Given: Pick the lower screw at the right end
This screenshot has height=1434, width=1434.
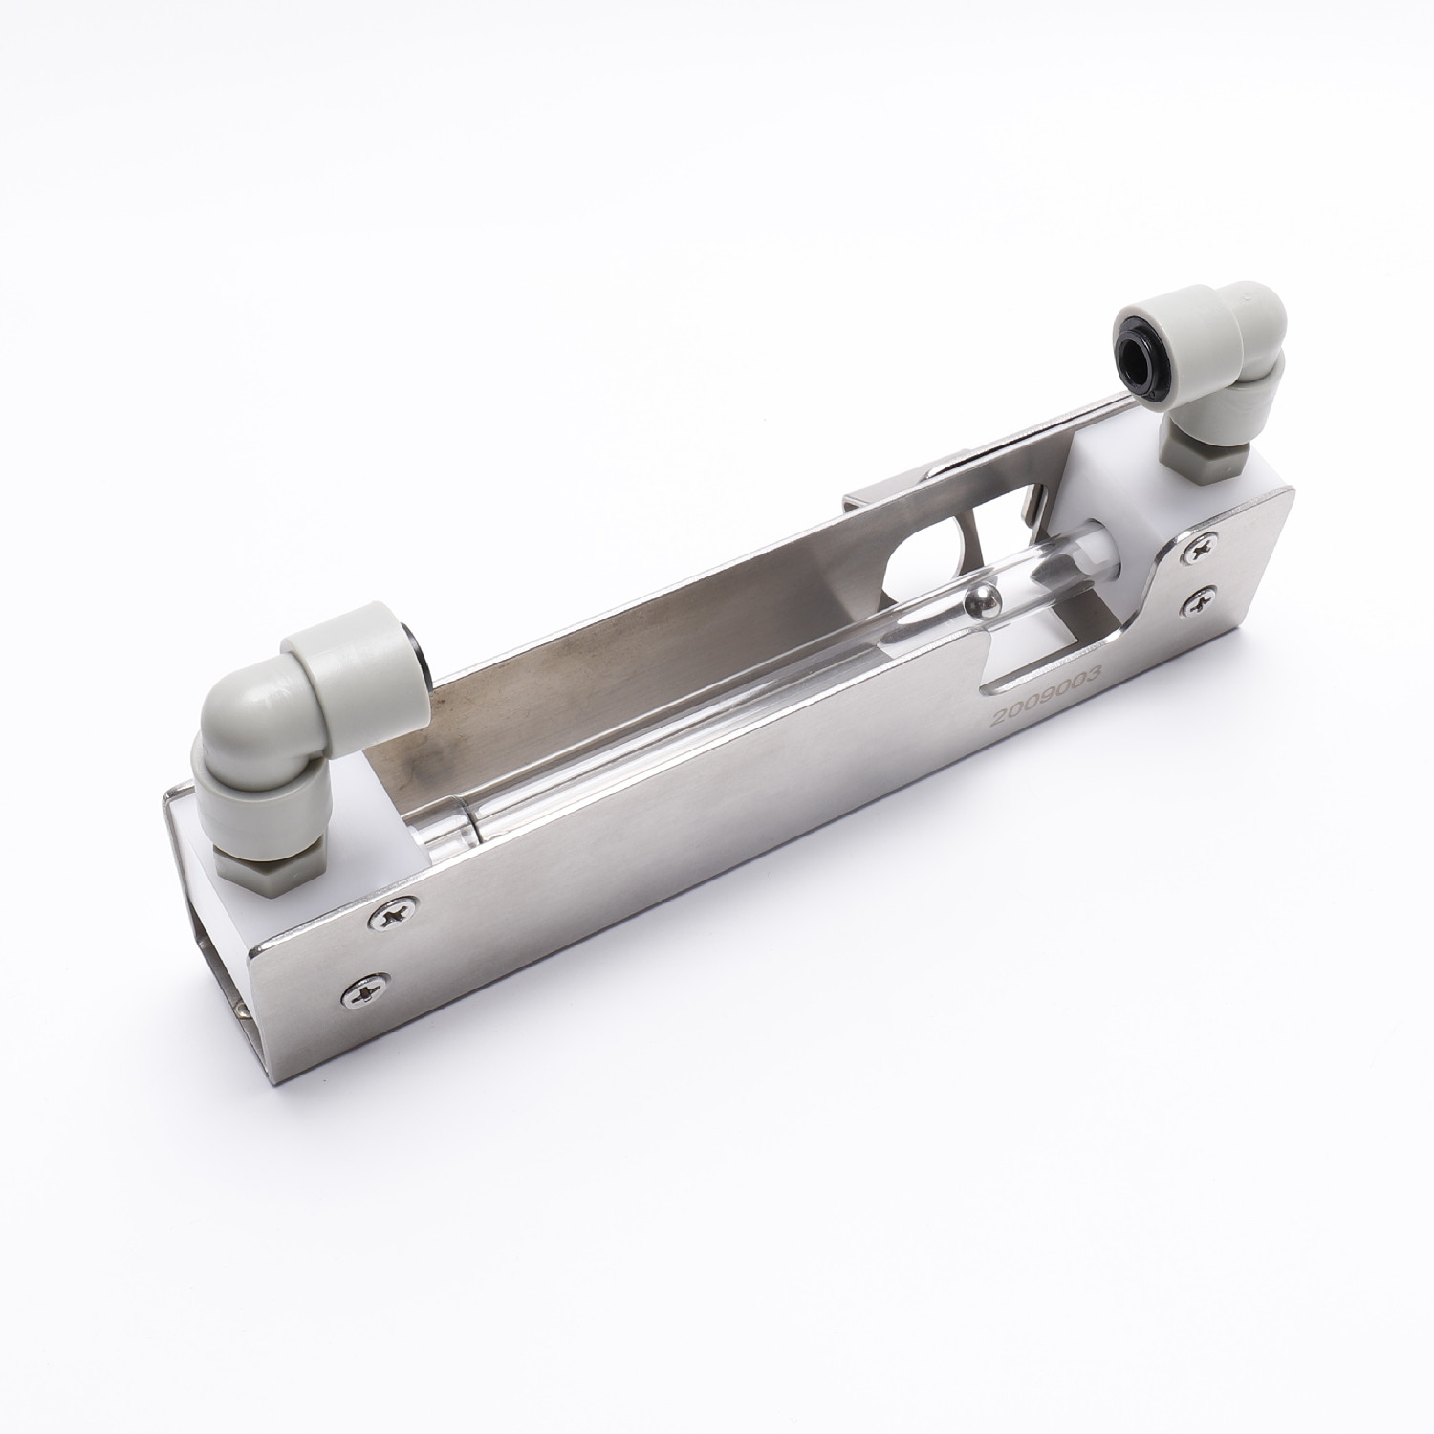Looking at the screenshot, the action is click(x=1200, y=600).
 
